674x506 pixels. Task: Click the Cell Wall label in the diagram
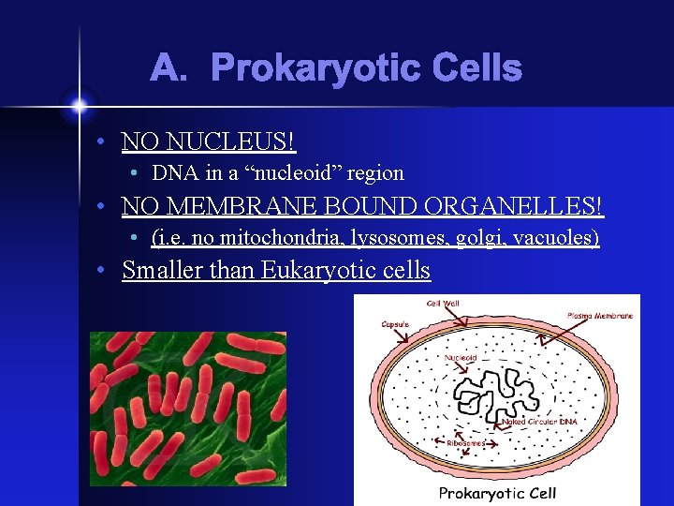click(443, 304)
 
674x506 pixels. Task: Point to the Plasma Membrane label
click(600, 316)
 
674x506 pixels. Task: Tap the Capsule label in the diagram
click(394, 325)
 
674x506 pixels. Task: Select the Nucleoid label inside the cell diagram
click(461, 357)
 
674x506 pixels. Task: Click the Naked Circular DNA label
click(540, 423)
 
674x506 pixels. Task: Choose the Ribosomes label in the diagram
click(465, 442)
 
